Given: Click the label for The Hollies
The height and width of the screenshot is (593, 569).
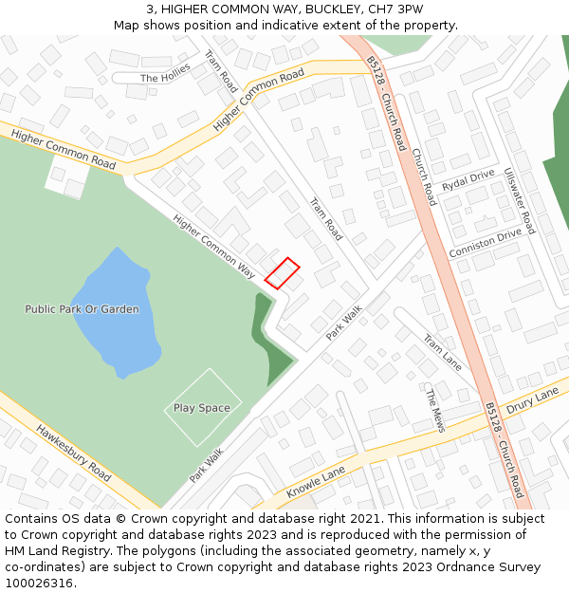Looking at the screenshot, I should coord(165,76).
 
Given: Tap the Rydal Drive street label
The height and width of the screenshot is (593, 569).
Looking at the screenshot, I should coord(468,180).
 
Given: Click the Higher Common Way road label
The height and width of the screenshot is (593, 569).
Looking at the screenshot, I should coord(214,246).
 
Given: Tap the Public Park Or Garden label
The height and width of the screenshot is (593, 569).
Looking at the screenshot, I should coord(82,309).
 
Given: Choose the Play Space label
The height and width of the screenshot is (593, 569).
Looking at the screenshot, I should coord(202,408).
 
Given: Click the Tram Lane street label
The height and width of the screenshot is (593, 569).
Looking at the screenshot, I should coord(443,353).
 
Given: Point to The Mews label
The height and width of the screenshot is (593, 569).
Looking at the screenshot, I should coord(434,410).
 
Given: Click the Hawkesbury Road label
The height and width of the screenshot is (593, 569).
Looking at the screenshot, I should coord(74,452).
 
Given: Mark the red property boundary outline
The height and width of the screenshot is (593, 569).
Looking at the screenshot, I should coord(282,272).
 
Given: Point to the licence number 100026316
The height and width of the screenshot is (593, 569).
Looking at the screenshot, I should coord(39,584).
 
